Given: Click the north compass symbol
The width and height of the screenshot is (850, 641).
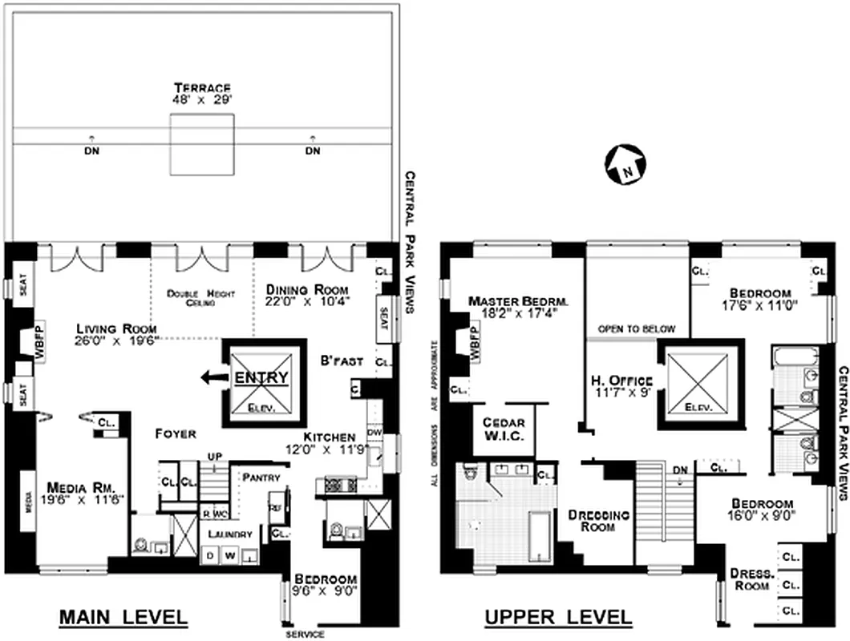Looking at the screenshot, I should (625, 165).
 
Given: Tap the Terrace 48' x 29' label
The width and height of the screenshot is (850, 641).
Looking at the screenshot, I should (204, 94).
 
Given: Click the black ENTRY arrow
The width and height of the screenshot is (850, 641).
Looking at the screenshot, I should (212, 377).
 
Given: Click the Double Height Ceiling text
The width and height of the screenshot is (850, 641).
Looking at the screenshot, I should (200, 299).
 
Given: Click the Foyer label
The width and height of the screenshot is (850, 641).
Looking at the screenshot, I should (176, 433).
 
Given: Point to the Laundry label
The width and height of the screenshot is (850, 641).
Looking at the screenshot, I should (231, 534).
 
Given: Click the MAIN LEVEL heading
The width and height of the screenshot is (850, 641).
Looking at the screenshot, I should (124, 618).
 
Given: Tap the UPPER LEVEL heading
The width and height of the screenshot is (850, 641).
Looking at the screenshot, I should (557, 618).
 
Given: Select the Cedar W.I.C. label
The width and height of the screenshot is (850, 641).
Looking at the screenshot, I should (525, 429).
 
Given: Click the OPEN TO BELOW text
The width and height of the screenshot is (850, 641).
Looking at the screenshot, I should (637, 329).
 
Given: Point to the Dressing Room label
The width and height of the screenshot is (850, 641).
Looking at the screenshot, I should (597, 521).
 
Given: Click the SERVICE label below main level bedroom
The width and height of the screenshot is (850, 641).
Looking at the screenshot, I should (306, 635).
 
